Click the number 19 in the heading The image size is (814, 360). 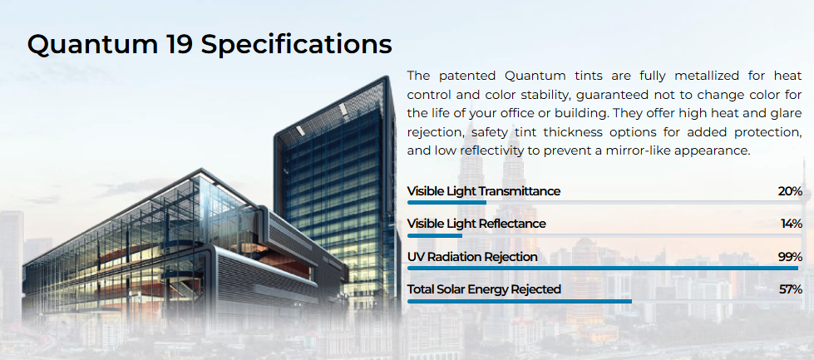(x=180, y=44)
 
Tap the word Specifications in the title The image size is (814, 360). (x=297, y=46)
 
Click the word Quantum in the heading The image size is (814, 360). (x=93, y=45)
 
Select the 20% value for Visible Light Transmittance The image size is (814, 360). (x=790, y=191)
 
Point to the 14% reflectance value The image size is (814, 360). (x=792, y=224)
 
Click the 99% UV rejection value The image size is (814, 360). (x=790, y=257)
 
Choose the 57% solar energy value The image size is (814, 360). (x=791, y=289)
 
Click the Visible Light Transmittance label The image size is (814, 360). (x=484, y=191)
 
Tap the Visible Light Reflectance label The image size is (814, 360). (x=476, y=224)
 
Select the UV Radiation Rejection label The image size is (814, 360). (x=472, y=257)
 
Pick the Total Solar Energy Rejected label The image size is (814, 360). (x=484, y=289)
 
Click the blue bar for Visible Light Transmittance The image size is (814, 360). (x=447, y=202)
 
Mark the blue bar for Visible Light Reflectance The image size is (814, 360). (x=435, y=235)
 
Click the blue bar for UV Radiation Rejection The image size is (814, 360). (x=603, y=269)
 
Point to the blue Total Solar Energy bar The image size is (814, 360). (x=520, y=301)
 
